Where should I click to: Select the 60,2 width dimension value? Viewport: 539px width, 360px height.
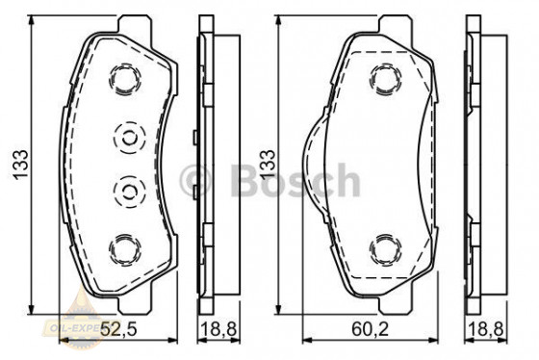(374, 330)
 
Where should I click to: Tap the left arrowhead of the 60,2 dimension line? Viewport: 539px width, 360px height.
(307, 341)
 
